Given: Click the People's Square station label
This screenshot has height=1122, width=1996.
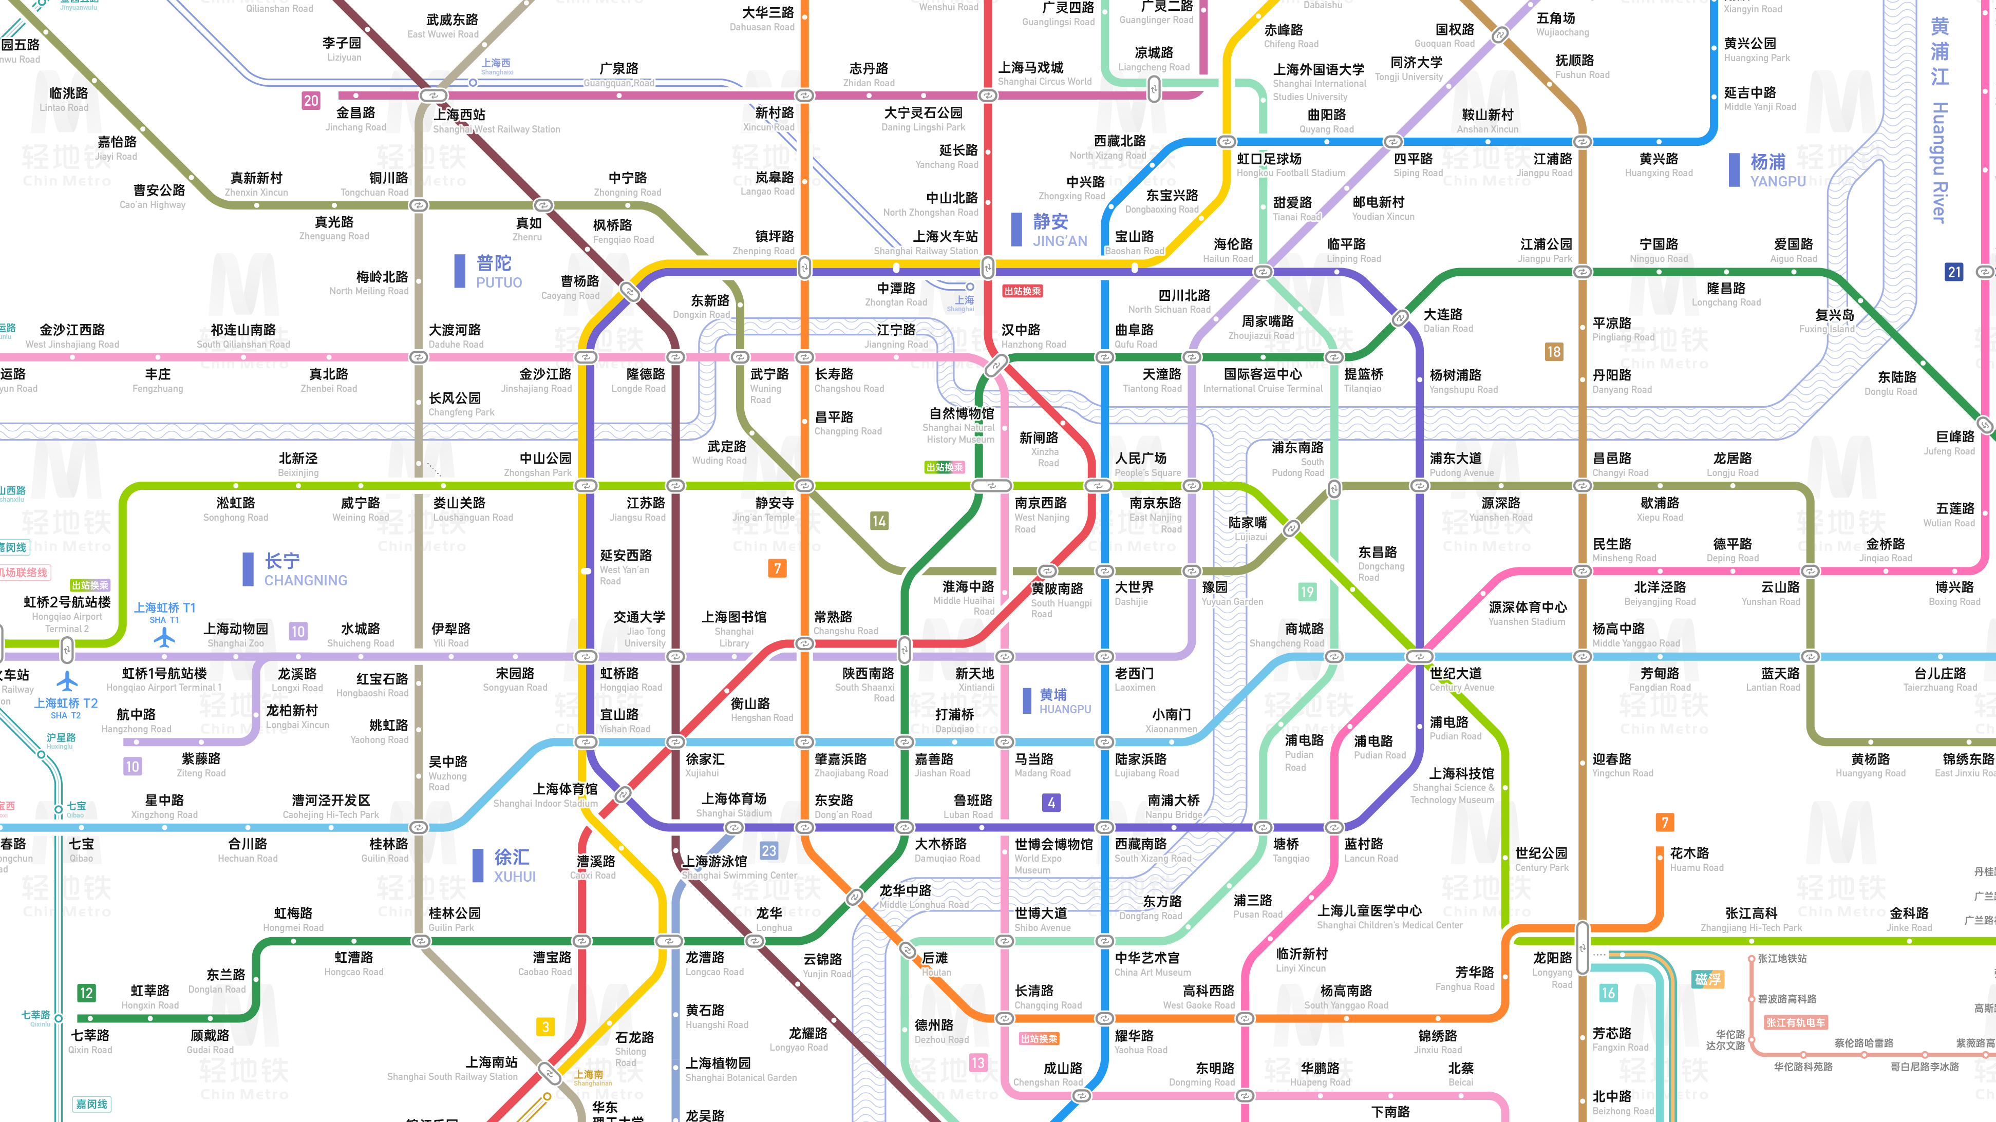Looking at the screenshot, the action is pos(1147,464).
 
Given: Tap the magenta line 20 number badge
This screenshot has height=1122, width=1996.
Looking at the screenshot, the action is pos(311,101).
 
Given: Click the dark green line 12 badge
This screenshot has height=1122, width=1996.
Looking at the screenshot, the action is pos(86,993).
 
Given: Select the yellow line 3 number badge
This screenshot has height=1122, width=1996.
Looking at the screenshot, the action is pos(545,1026).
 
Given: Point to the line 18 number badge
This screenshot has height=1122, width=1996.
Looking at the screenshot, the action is pos(1554,352).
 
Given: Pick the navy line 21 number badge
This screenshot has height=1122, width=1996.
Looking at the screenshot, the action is pos(1954,272).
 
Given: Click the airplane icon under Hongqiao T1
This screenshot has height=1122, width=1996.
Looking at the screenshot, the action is pos(164,638).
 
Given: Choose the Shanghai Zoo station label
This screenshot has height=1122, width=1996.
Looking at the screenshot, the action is pos(236,635).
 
